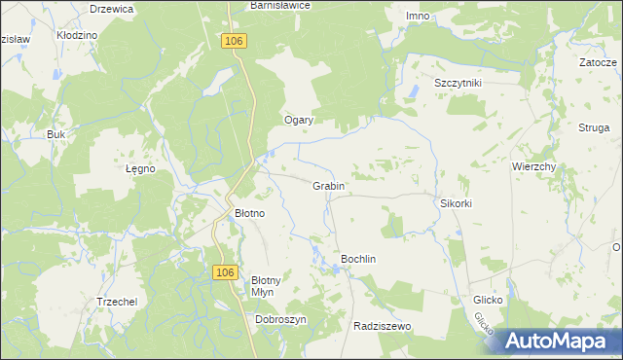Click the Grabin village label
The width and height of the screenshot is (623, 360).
pyautogui.click(x=328, y=185)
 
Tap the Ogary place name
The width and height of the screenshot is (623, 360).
pyautogui.click(x=298, y=120)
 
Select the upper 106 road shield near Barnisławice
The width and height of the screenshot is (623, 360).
pyautogui.click(x=233, y=41)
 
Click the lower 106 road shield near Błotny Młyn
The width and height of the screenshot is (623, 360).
pyautogui.click(x=225, y=274)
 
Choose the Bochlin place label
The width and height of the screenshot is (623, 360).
pyautogui.click(x=357, y=259)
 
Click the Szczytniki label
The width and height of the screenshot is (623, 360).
pyautogui.click(x=458, y=84)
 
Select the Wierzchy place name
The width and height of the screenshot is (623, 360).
pyautogui.click(x=533, y=166)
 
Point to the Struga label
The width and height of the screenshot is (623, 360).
pyautogui.click(x=593, y=127)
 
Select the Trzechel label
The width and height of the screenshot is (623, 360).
pyautogui.click(x=116, y=302)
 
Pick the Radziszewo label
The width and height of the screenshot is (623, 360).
pyautogui.click(x=384, y=327)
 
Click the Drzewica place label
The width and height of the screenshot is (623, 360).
pyautogui.click(x=111, y=8)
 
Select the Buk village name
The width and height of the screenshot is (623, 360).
pyautogui.click(x=55, y=134)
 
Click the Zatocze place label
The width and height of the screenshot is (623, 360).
pyautogui.click(x=598, y=61)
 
